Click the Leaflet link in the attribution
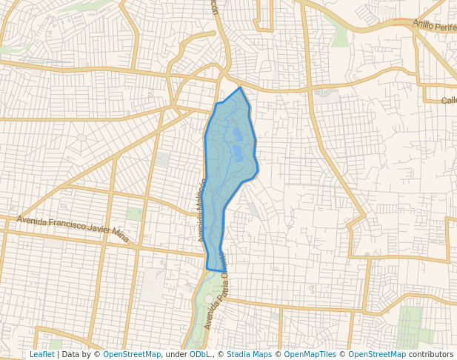pyautogui.click(x=41, y=354)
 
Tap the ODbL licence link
pyautogui.click(x=200, y=354)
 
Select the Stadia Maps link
pyautogui.click(x=249, y=354)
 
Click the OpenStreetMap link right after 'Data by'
pyautogui.click(x=132, y=354)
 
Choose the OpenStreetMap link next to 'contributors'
pyautogui.click(x=377, y=354)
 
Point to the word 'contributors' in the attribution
pyautogui.click(x=431, y=354)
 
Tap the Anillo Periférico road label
pyautogui.click(x=436, y=24)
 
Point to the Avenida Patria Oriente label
pyautogui.click(x=216, y=296)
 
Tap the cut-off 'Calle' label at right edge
pyautogui.click(x=449, y=101)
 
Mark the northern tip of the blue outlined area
pyautogui.click(x=240, y=88)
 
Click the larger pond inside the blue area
pyautogui.click(x=238, y=153)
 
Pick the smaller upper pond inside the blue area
pyautogui.click(x=237, y=134)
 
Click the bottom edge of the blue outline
pyautogui.click(x=216, y=270)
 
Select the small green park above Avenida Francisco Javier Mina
pyautogui.click(x=134, y=214)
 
